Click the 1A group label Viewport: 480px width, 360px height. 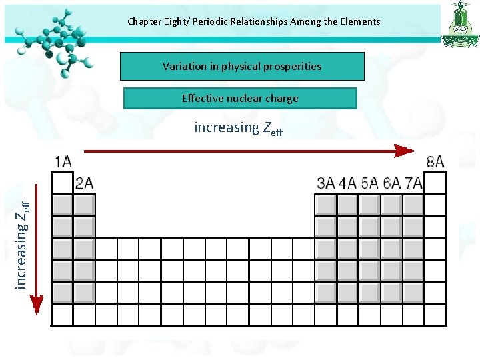pyautogui.click(x=63, y=161)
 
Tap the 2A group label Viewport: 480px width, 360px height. pyautogui.click(x=84, y=183)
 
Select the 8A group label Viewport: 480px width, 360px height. pyautogui.click(x=435, y=161)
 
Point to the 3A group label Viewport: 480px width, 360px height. pyautogui.click(x=326, y=183)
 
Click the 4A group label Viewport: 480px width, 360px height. pyautogui.click(x=348, y=183)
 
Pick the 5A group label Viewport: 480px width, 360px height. pyautogui.click(x=370, y=183)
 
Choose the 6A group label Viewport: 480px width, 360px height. pyautogui.click(x=392, y=183)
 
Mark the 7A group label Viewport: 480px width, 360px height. pyautogui.click(x=413, y=183)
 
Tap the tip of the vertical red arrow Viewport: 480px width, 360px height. pyautogui.click(x=37, y=312)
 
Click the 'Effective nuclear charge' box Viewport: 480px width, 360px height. pyautogui.click(x=240, y=99)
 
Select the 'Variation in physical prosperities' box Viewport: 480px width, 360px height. pyautogui.click(x=242, y=67)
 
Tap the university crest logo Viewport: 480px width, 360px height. pyautogui.click(x=459, y=25)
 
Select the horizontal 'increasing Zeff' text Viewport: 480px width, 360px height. pyautogui.click(x=238, y=127)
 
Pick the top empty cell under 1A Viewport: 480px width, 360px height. pyautogui.click(x=62, y=183)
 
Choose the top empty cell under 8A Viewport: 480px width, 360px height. pyautogui.click(x=435, y=183)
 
